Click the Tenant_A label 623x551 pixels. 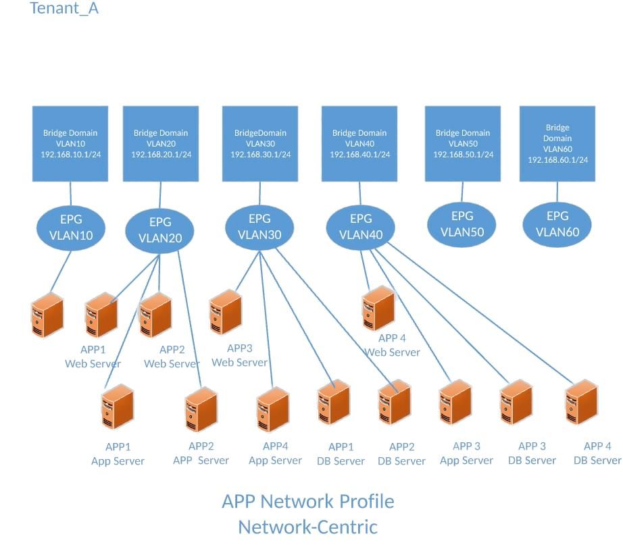[x=64, y=9]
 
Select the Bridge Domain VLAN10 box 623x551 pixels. [x=70, y=143]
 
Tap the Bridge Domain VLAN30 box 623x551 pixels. [x=260, y=143]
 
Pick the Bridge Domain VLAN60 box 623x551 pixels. [x=557, y=143]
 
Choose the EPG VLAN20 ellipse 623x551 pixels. [x=160, y=230]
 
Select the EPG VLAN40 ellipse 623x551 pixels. [x=361, y=227]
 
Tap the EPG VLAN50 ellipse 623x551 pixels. [x=462, y=224]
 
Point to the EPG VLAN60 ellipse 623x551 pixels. [x=557, y=224]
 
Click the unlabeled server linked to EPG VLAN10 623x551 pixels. [x=47, y=316]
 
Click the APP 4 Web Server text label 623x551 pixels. [x=393, y=345]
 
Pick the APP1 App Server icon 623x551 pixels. [x=117, y=407]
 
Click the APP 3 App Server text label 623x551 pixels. [x=467, y=453]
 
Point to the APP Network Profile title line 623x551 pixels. [x=308, y=502]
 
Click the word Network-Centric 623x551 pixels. [x=308, y=527]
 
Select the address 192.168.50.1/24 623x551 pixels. [x=463, y=155]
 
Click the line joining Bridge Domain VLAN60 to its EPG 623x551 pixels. [x=557, y=191]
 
